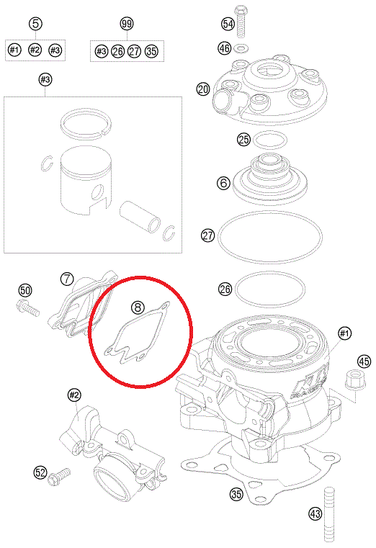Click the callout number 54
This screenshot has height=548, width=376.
228,24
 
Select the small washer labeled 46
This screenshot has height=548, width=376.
240,48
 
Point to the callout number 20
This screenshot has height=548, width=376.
203,89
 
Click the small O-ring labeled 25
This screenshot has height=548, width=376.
270,140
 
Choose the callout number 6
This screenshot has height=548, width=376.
223,182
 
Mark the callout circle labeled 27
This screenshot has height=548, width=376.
208,235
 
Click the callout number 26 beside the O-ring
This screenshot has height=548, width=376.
225,289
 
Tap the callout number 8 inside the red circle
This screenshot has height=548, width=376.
138,307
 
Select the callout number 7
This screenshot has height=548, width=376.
66,279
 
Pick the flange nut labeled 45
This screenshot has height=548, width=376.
355,380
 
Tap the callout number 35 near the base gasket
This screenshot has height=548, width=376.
236,494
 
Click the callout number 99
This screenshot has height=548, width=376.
127,24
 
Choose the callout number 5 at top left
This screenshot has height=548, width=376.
35,24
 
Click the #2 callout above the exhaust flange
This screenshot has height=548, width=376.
73,395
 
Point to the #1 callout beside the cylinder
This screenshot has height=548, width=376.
344,333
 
